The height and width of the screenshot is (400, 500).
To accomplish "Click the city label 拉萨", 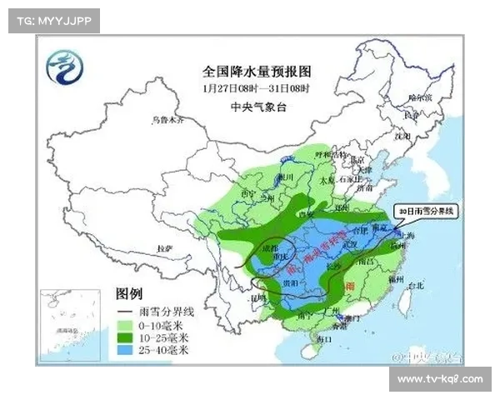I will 164,248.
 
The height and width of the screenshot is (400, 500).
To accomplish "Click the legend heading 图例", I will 129,294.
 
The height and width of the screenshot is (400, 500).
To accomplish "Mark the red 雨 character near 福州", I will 350,284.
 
